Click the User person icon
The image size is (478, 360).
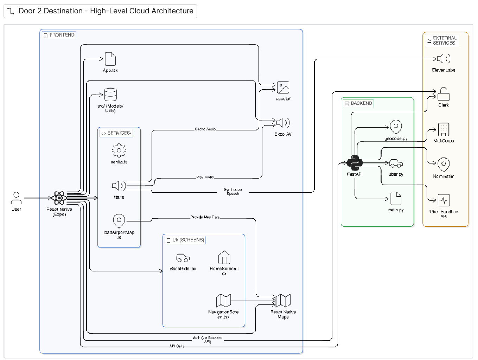coord(16,198)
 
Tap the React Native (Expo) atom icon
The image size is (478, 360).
coord(59,198)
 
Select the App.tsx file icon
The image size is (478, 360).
coord(110,59)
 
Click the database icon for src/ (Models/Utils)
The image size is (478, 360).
coord(110,95)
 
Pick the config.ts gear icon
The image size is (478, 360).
coord(119,150)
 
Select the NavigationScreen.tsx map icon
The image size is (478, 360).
coord(223,301)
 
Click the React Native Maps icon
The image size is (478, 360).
coord(283,301)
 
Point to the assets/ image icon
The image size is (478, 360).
coord(283,88)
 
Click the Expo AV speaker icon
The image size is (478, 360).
coord(283,123)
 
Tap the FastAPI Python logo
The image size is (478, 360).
coord(355,163)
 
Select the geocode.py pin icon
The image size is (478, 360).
coord(396,127)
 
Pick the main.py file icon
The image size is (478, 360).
coord(396,198)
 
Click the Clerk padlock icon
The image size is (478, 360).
coord(444,94)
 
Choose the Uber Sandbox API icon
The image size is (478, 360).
coord(444,200)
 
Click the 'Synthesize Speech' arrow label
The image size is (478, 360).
coord(233,192)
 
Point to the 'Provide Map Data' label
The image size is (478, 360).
coord(205,217)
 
